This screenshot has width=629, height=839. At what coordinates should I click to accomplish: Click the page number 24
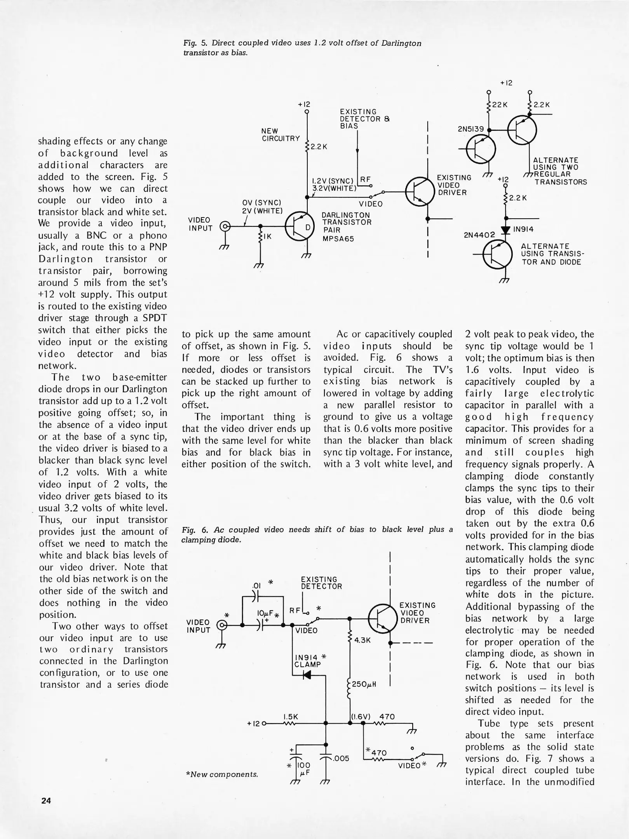click(x=46, y=801)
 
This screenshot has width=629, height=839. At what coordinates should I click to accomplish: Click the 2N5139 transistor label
click(x=471, y=129)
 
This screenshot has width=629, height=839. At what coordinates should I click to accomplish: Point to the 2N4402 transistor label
click(x=479, y=235)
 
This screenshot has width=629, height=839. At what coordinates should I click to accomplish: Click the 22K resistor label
click(x=500, y=105)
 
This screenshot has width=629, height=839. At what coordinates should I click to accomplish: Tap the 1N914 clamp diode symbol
click(x=307, y=675)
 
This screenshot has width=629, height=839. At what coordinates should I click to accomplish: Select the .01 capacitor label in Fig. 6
click(x=256, y=585)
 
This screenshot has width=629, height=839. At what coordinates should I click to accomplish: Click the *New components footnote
click(x=222, y=774)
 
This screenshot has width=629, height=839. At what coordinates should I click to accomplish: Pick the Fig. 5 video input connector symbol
click(x=225, y=226)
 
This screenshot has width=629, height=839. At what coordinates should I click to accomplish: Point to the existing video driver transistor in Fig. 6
click(x=382, y=619)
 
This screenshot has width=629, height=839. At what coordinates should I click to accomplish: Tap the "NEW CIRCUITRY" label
click(x=281, y=135)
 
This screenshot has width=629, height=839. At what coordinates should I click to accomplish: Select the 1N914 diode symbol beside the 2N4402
click(x=505, y=230)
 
